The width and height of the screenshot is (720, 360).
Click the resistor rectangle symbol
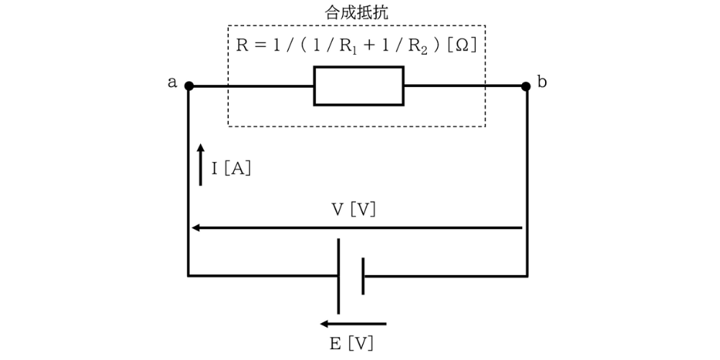click(359, 86)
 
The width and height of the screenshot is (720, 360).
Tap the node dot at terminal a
click(189, 86)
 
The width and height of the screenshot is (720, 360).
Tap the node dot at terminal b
click(527, 86)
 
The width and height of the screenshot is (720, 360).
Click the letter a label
click(172, 82)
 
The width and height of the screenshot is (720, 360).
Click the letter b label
click(542, 81)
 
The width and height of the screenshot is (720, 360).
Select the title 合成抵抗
click(357, 12)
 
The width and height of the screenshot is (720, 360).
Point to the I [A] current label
click(231, 168)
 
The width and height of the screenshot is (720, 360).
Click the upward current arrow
click(201, 165)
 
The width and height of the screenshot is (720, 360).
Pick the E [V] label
click(352, 343)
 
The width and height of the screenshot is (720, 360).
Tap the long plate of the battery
click(338, 275)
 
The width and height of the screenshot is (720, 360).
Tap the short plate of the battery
click(363, 275)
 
